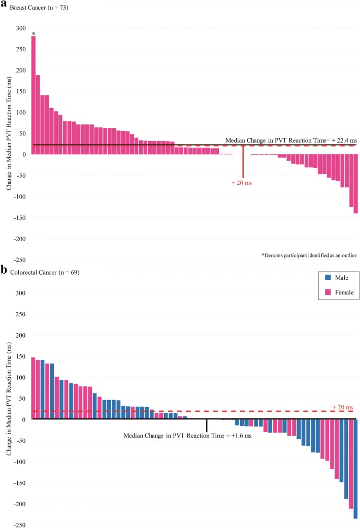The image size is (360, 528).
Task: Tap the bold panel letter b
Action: [4, 271]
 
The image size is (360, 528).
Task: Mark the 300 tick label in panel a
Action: [23, 28]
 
